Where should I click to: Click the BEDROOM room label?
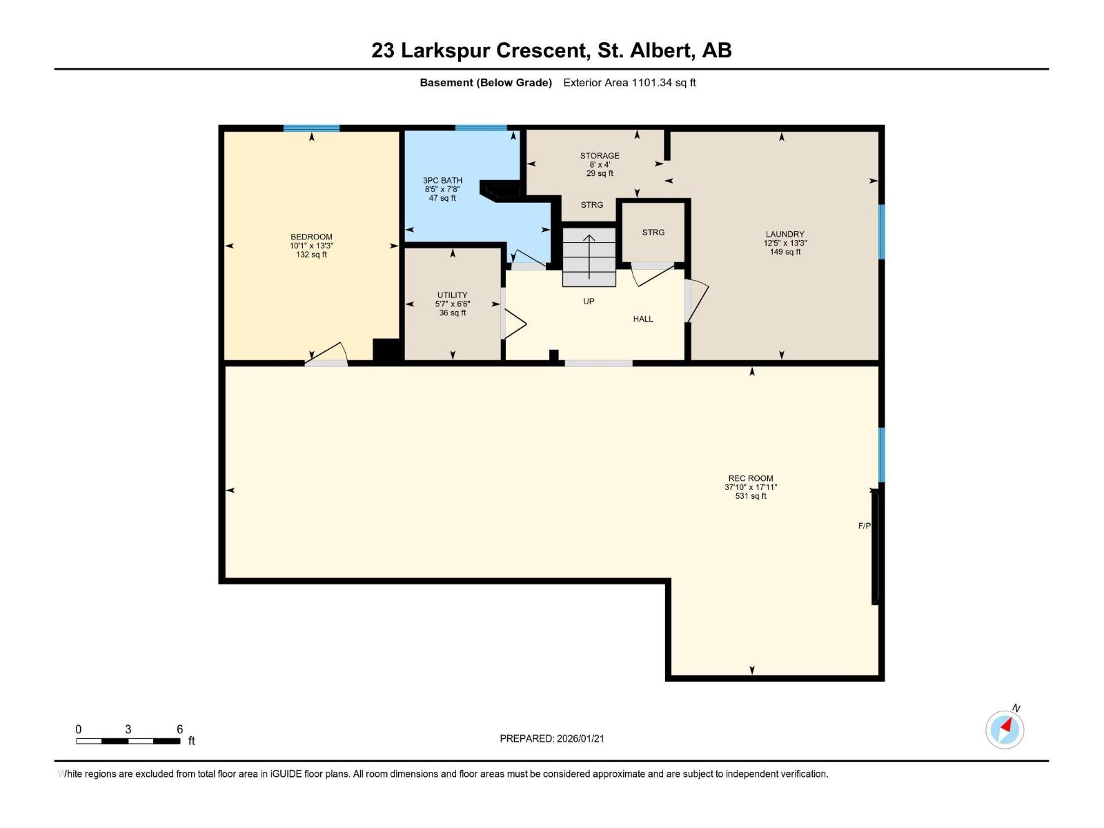tap(311, 237)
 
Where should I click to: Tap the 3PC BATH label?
tap(442, 181)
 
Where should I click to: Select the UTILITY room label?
tap(452, 295)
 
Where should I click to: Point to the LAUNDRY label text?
tap(785, 235)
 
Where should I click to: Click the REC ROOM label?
tap(750, 479)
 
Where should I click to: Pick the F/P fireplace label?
tap(864, 526)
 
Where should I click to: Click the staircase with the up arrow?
tap(589, 257)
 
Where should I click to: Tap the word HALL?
tap(642, 319)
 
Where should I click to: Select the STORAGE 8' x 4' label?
tap(600, 164)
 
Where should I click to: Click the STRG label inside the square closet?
tap(653, 233)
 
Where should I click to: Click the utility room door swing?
tap(514, 324)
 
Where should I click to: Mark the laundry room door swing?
tap(697, 301)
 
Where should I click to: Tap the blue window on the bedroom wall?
tap(311, 128)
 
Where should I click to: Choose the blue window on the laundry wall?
tap(881, 232)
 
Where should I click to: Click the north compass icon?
tap(1005, 729)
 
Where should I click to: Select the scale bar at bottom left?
tap(128, 741)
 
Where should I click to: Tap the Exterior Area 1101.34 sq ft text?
tap(629, 83)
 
